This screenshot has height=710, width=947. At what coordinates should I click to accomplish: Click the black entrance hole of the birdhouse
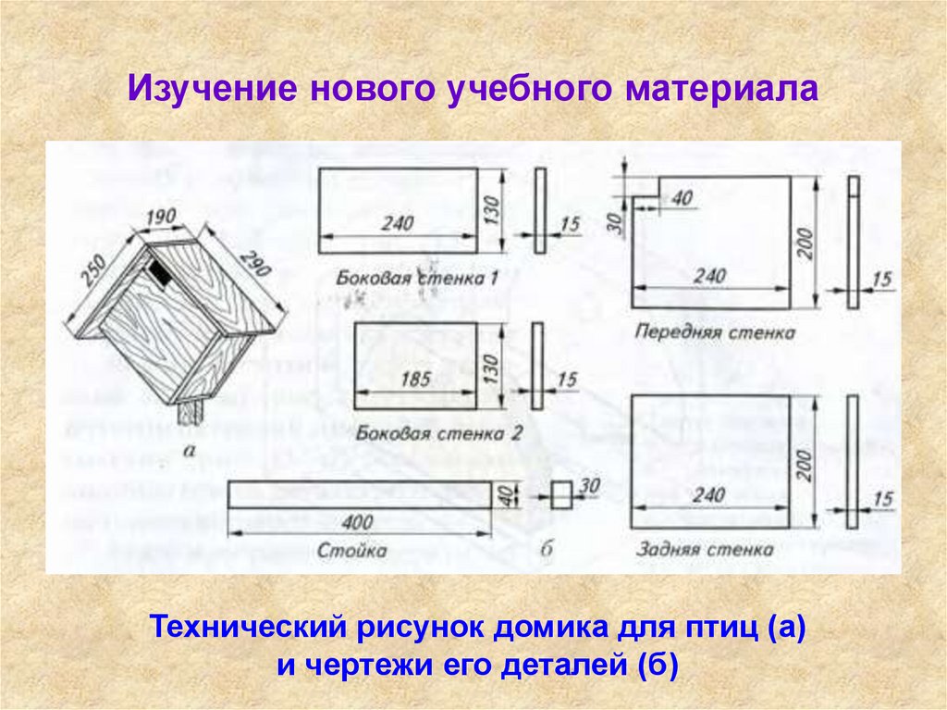coord(158,274)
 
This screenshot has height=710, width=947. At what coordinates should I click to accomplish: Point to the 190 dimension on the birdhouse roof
coord(160,218)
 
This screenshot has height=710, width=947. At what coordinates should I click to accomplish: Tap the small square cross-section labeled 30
coord(562,494)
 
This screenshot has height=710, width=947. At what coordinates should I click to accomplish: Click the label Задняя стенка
coord(705,549)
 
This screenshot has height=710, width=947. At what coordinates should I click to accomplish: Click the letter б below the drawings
coord(547,551)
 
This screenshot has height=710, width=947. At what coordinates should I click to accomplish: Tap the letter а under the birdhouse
coord(191,451)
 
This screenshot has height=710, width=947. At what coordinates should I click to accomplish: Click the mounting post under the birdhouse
coord(190,412)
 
